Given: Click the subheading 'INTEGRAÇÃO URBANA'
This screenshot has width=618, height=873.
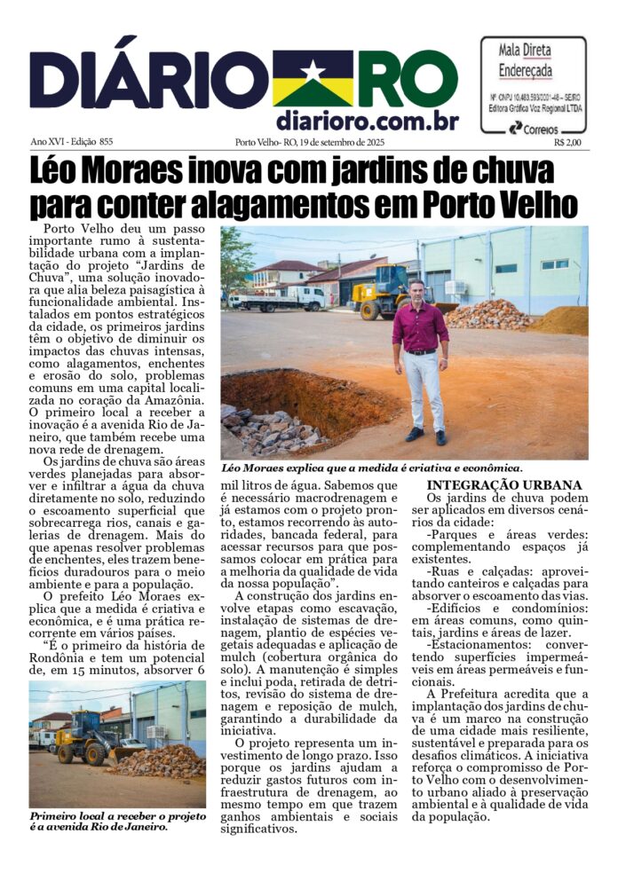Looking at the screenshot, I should click(x=504, y=485).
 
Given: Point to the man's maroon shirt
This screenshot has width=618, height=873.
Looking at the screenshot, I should click(x=420, y=327).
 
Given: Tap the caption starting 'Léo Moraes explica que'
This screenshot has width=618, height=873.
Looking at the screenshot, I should click(x=372, y=467).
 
